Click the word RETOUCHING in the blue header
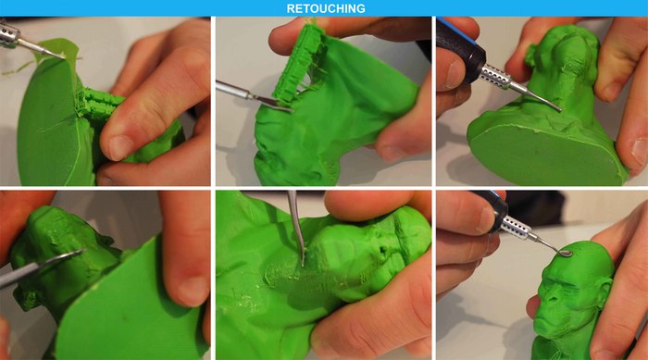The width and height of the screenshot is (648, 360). pos(326,8)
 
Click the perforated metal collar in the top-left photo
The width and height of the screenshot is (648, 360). pos(10,34)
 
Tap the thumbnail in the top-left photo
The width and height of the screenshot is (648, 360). pos(120,147)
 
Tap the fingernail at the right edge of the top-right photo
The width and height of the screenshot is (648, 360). pos(640,150)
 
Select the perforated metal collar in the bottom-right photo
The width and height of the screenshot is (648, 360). pos(515,228)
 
